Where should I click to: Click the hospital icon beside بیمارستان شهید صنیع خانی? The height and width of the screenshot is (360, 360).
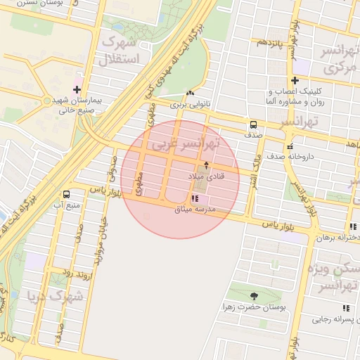pyautogui.click(x=78, y=89)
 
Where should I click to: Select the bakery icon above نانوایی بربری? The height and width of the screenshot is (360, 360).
pyautogui.click(x=189, y=94)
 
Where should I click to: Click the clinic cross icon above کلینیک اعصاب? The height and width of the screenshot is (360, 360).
pyautogui.click(x=295, y=81)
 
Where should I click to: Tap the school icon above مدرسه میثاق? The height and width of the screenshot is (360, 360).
pyautogui.click(x=195, y=199)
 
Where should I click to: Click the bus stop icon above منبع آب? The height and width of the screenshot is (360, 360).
pyautogui.click(x=66, y=194)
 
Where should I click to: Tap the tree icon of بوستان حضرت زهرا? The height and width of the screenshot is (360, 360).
pyautogui.click(x=254, y=296)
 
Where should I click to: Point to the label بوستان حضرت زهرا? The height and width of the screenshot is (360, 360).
pyautogui.click(x=254, y=308)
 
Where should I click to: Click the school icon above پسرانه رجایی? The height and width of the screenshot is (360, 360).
pyautogui.click(x=345, y=307)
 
